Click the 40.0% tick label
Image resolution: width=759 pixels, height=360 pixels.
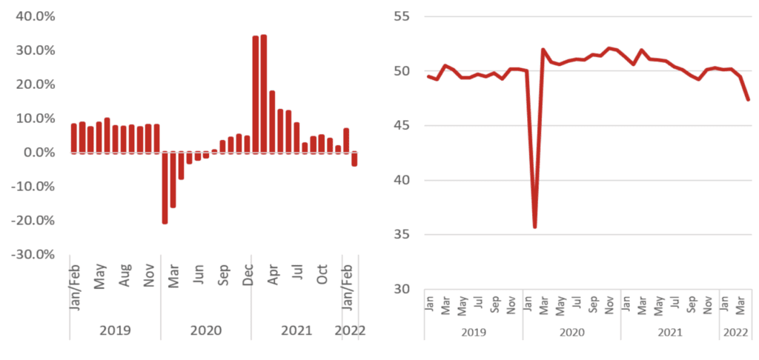click(36, 16)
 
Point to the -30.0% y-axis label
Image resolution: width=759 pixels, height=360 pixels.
click(33, 255)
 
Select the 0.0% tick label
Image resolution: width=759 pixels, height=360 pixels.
click(38, 153)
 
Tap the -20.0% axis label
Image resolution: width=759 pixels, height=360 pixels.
click(33, 221)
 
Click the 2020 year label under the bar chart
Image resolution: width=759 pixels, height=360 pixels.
click(206, 330)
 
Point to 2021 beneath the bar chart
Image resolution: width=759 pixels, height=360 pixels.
click(296, 330)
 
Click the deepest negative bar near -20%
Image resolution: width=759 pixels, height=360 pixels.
click(165, 187)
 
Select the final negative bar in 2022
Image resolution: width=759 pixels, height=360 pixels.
click(354, 159)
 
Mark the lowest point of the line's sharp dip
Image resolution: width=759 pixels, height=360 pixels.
click(534, 227)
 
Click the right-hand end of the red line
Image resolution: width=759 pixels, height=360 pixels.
click(748, 99)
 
